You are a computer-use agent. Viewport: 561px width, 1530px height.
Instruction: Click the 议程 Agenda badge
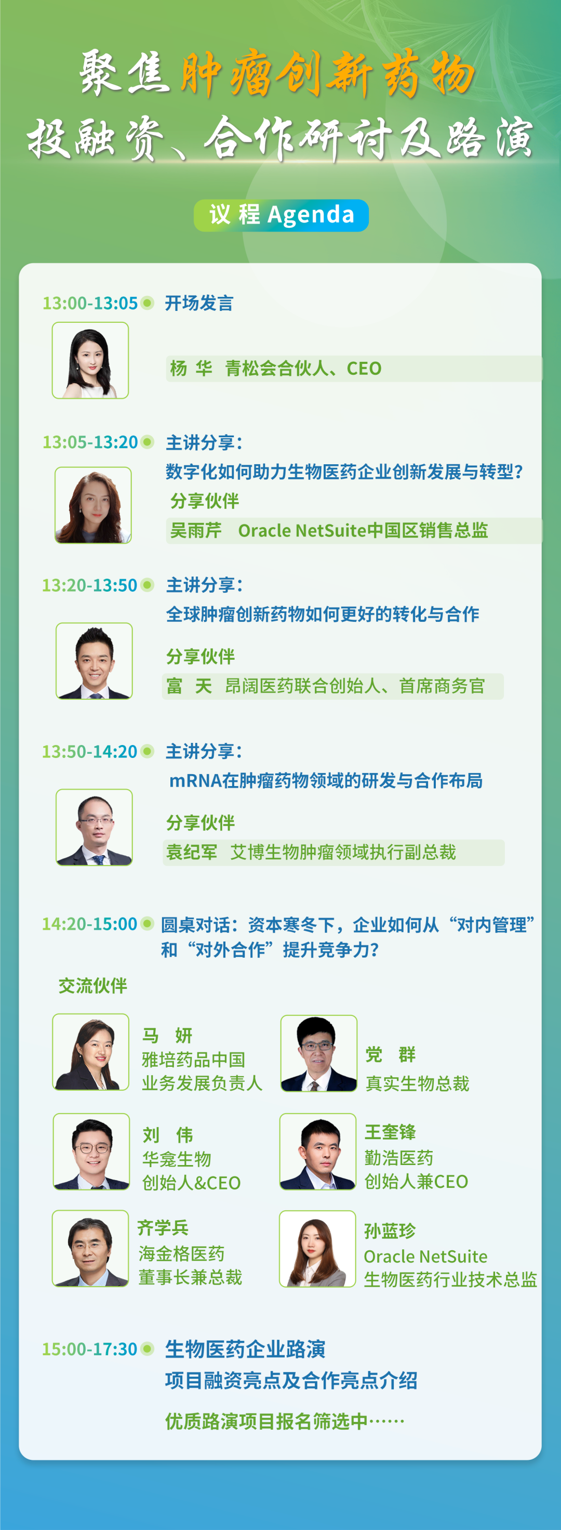click(281, 215)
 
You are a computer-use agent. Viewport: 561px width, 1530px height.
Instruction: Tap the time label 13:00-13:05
click(90, 303)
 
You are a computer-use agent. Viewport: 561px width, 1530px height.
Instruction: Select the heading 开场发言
click(199, 303)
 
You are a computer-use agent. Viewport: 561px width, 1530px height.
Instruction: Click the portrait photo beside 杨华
click(90, 360)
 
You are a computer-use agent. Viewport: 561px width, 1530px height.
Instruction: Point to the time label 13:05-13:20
click(90, 442)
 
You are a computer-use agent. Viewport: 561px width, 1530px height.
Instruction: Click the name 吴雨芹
click(196, 530)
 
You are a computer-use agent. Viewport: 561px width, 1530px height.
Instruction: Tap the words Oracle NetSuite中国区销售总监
click(363, 530)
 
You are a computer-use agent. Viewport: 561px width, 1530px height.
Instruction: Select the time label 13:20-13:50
click(90, 585)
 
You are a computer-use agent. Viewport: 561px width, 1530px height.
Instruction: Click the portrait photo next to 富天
click(94, 661)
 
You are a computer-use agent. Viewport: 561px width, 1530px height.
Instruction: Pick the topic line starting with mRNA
click(326, 780)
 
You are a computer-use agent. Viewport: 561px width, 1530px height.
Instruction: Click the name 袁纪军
click(192, 852)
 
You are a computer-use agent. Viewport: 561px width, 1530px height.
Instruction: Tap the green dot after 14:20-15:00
click(147, 924)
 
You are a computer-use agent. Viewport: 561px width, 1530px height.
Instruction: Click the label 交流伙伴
click(92, 986)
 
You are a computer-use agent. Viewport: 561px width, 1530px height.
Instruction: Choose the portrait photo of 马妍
click(91, 1052)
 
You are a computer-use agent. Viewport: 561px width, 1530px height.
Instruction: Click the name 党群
click(391, 1055)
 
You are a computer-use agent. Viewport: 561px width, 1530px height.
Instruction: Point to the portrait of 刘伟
click(91, 1152)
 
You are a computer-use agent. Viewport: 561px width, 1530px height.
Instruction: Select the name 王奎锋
click(390, 1132)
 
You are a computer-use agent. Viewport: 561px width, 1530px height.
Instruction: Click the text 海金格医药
click(182, 1254)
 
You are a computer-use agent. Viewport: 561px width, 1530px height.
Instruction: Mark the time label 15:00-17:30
click(90, 1349)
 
